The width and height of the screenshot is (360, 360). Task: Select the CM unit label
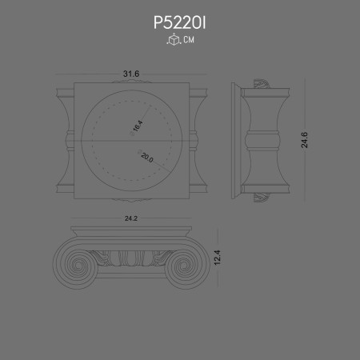tap(188, 40)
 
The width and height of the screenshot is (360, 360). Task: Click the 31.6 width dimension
tap(131, 74)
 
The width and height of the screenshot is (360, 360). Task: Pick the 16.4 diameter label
tap(137, 126)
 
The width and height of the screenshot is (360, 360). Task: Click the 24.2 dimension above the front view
tap(131, 217)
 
